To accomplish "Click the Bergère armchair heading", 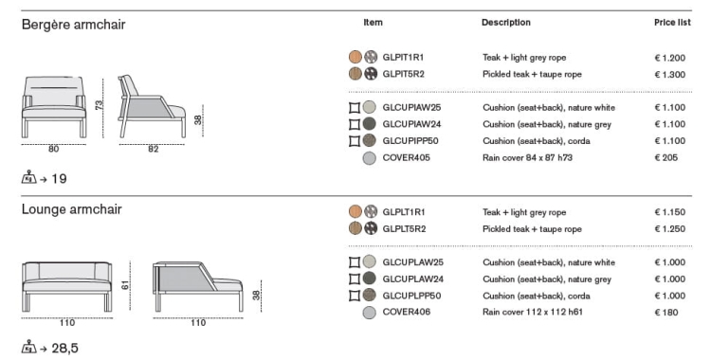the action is click(x=73, y=25).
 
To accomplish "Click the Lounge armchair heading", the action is click(x=72, y=209).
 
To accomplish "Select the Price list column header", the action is click(x=672, y=22).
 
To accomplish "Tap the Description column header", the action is click(x=506, y=22).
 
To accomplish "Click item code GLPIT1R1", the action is click(x=404, y=58).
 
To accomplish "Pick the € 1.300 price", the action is click(x=669, y=74).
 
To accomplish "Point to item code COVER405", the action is click(x=407, y=158).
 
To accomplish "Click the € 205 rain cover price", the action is click(x=666, y=158).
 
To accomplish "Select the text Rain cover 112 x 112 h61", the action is click(x=533, y=312).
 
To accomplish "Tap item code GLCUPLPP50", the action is click(x=411, y=296).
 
